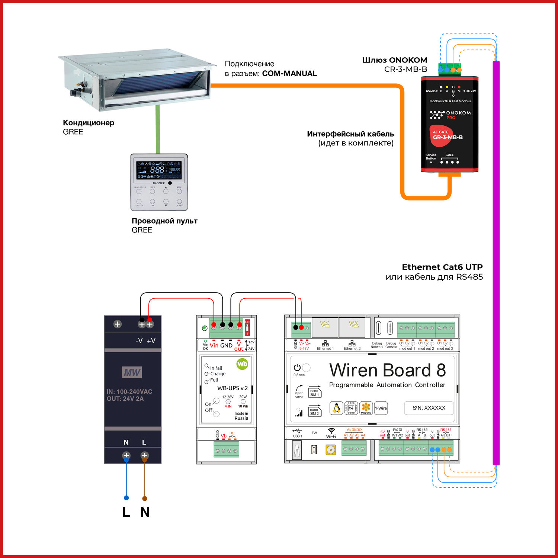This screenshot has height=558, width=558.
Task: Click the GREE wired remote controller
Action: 159,182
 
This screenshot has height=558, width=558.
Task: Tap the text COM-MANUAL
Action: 289,74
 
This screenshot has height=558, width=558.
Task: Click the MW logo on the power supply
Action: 132,372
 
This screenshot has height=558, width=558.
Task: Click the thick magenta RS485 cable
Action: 496,260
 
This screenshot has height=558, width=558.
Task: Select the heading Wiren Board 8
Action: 387,371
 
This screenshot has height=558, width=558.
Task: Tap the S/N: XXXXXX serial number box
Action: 429,408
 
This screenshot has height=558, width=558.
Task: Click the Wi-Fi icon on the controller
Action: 331,431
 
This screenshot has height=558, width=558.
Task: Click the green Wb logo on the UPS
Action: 242,364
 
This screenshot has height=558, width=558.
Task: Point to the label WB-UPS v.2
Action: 232,388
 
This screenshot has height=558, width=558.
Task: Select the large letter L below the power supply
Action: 126,512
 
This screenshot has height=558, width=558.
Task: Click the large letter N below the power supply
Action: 145,512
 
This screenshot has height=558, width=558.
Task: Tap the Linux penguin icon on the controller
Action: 336,408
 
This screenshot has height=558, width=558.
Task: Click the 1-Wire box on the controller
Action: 381,408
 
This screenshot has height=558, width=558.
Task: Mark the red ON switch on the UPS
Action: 247,327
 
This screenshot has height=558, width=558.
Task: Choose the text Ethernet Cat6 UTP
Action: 442,267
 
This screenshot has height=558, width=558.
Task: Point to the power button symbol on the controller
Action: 297,368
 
